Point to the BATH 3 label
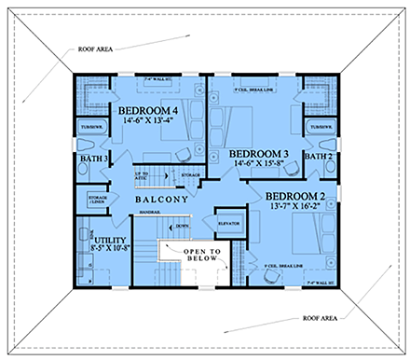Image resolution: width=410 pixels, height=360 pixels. [x=93, y=160]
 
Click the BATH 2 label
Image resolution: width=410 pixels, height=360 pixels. [x=319, y=157]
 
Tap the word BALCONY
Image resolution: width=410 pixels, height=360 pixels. [x=162, y=200]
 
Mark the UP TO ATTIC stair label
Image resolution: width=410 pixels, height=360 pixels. [x=143, y=177]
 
